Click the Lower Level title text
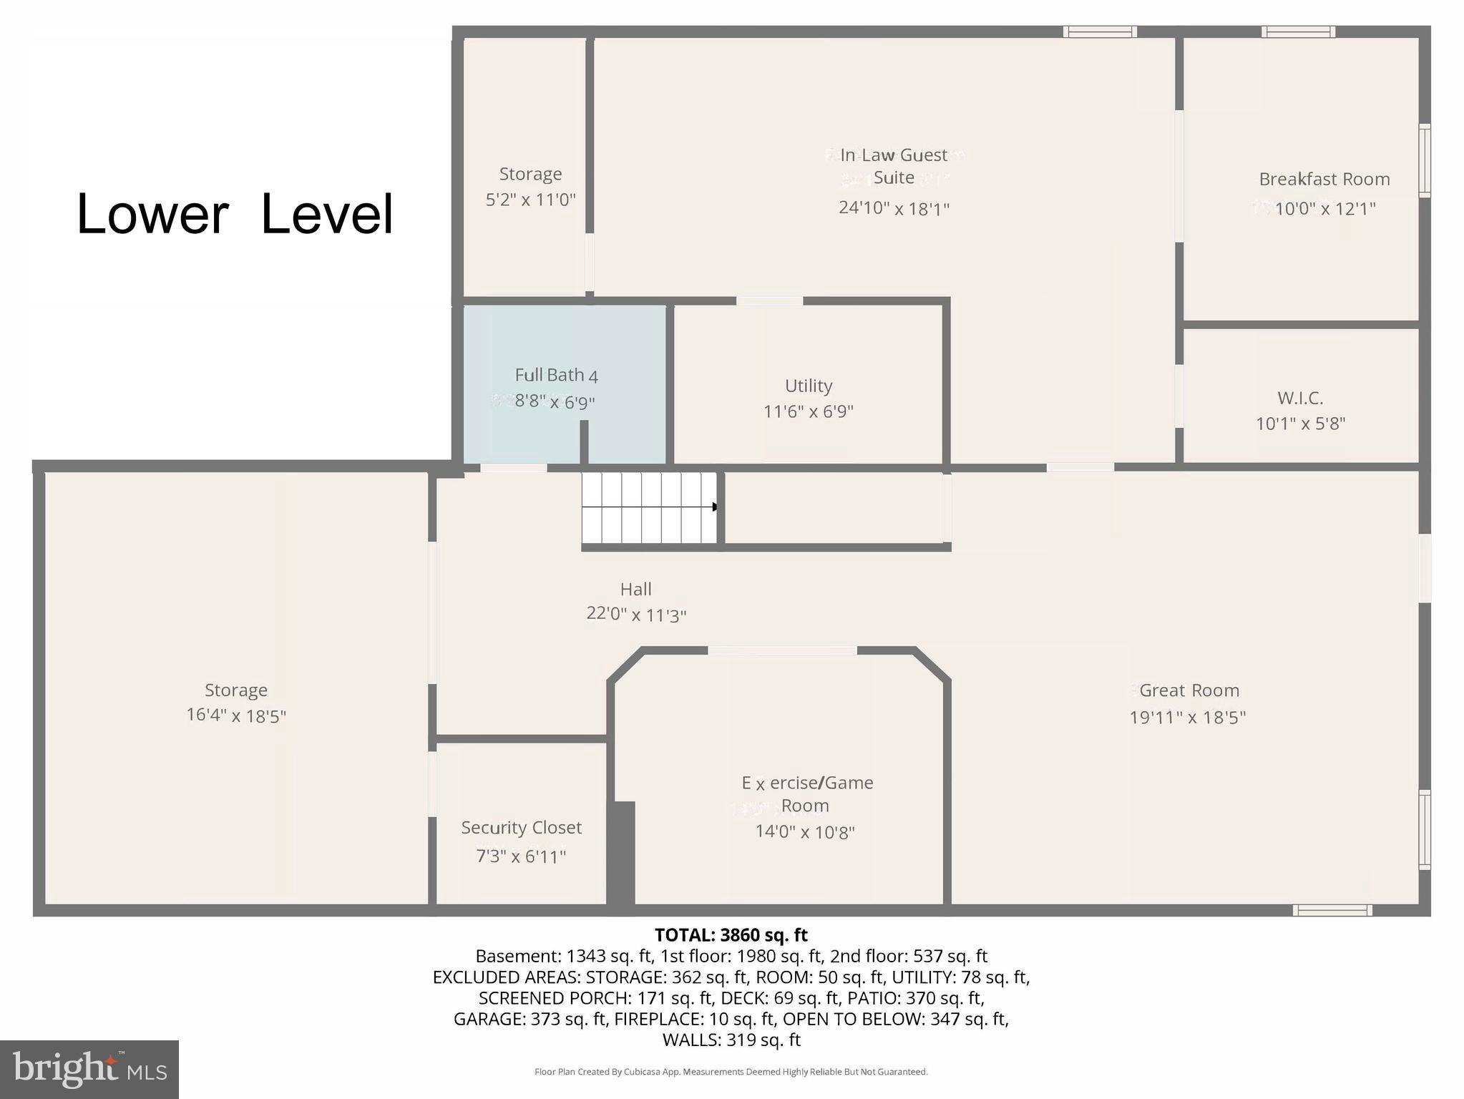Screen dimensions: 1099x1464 (x=235, y=214)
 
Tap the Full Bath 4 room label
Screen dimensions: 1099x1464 (x=556, y=375)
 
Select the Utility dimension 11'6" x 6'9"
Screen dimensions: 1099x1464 (x=808, y=411)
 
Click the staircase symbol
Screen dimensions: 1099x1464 (x=648, y=507)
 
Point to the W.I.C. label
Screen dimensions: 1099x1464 (x=1299, y=398)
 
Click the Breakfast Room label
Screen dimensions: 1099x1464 (x=1324, y=179)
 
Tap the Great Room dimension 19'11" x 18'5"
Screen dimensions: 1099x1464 (x=1187, y=717)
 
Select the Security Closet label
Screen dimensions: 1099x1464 (x=521, y=828)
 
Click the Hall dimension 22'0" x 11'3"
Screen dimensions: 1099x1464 (x=635, y=615)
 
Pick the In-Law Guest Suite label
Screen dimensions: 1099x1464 (x=894, y=166)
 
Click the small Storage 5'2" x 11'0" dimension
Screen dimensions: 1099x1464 (x=530, y=200)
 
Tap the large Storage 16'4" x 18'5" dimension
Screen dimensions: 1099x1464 (x=235, y=715)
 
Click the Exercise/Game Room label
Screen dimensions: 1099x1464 (x=806, y=794)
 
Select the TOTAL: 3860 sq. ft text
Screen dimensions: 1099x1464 (x=731, y=935)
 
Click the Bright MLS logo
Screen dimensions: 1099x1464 (x=89, y=1069)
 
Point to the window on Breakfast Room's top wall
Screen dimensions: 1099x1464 (x=1297, y=31)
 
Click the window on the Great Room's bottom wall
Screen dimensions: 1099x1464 (x=1332, y=910)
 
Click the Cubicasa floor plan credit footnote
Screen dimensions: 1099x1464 (x=731, y=1072)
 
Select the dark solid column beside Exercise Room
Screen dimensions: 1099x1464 (x=621, y=855)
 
